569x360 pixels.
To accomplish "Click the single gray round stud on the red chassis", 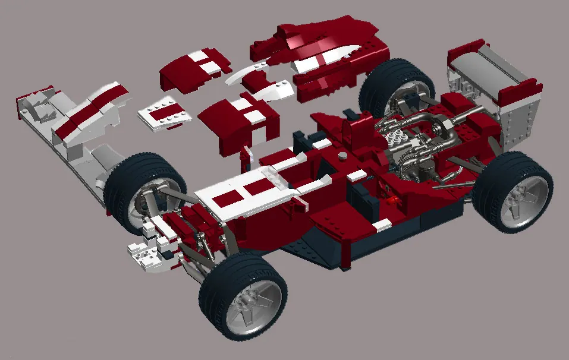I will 344,156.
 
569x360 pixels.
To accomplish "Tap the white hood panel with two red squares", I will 244,193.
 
